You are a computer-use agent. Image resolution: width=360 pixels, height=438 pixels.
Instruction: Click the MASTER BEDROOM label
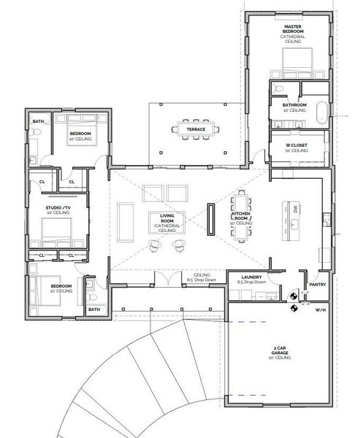293,29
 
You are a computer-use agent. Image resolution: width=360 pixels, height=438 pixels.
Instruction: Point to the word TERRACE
195,129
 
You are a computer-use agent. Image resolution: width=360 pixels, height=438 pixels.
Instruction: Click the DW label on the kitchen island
295,209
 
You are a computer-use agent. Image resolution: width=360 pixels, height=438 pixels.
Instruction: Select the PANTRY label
317,284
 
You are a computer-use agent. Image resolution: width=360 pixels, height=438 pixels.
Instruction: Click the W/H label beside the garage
320,310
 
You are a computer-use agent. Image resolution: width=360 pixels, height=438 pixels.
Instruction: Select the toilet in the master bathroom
277,88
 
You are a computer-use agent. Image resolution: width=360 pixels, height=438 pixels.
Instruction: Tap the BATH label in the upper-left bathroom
37,121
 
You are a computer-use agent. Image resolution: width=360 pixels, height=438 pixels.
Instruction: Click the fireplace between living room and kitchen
211,220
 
